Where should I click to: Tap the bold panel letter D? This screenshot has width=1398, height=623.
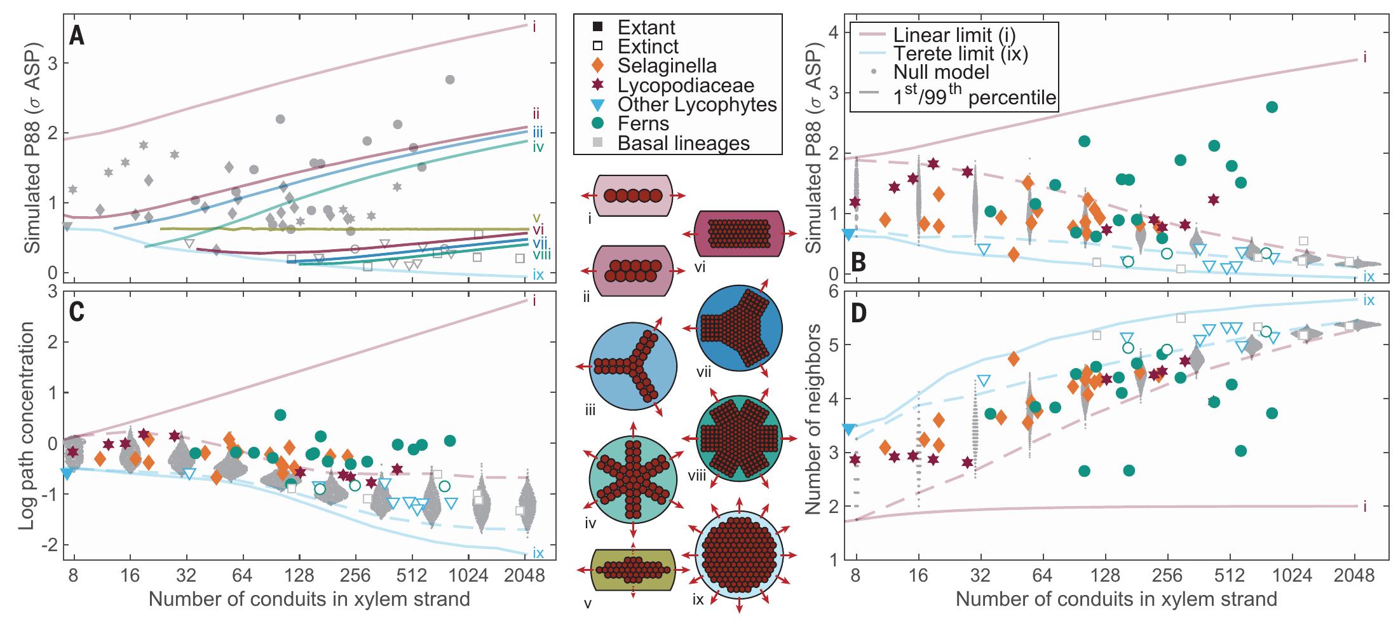[860, 314]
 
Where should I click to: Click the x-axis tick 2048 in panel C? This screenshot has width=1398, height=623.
[525, 578]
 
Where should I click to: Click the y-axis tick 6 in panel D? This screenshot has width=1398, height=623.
[830, 292]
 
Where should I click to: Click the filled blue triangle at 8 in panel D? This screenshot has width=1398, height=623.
[847, 429]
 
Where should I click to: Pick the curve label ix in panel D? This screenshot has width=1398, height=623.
[1369, 300]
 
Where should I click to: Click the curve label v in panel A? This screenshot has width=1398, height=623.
[536, 216]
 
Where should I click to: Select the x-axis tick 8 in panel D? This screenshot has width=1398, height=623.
[857, 578]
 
